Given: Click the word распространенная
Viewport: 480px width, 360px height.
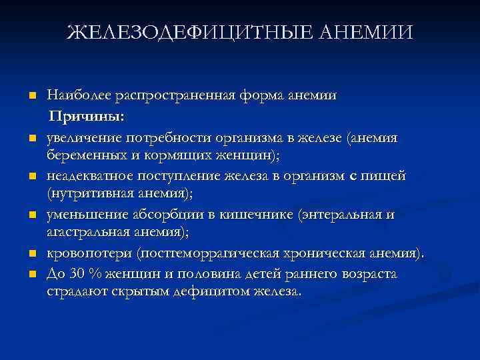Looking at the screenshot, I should [177, 96].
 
